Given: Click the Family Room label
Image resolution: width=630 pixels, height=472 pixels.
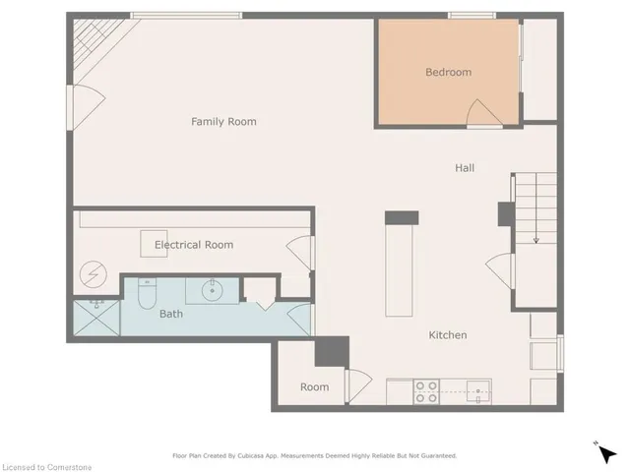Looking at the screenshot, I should pos(223,122).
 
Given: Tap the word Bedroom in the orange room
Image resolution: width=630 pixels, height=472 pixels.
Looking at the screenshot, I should pos(448,72).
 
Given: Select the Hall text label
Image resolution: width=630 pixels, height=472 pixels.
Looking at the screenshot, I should pos(465,168).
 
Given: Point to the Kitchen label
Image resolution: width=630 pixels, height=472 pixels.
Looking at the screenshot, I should pos(447,335).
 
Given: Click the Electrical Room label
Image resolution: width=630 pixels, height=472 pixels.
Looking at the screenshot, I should pos(192,244).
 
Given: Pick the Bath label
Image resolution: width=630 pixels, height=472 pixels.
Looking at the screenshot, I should pos(171,315).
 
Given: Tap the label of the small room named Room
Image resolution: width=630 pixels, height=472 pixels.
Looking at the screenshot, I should pos(314,387).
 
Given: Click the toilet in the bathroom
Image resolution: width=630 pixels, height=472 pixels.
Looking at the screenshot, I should pos(148,293).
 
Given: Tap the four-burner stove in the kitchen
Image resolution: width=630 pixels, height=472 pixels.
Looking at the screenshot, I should pos(426,391).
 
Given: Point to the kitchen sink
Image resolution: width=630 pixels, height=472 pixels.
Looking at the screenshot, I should pos(477,390).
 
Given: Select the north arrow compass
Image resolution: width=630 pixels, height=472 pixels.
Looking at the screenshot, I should pos(606,452).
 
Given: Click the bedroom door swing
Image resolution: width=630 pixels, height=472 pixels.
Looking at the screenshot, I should pos(482,114).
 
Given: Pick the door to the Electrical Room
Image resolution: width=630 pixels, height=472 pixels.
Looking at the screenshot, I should pos(299,253).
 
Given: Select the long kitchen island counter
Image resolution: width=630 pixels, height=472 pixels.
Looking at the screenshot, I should pos(401,270).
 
